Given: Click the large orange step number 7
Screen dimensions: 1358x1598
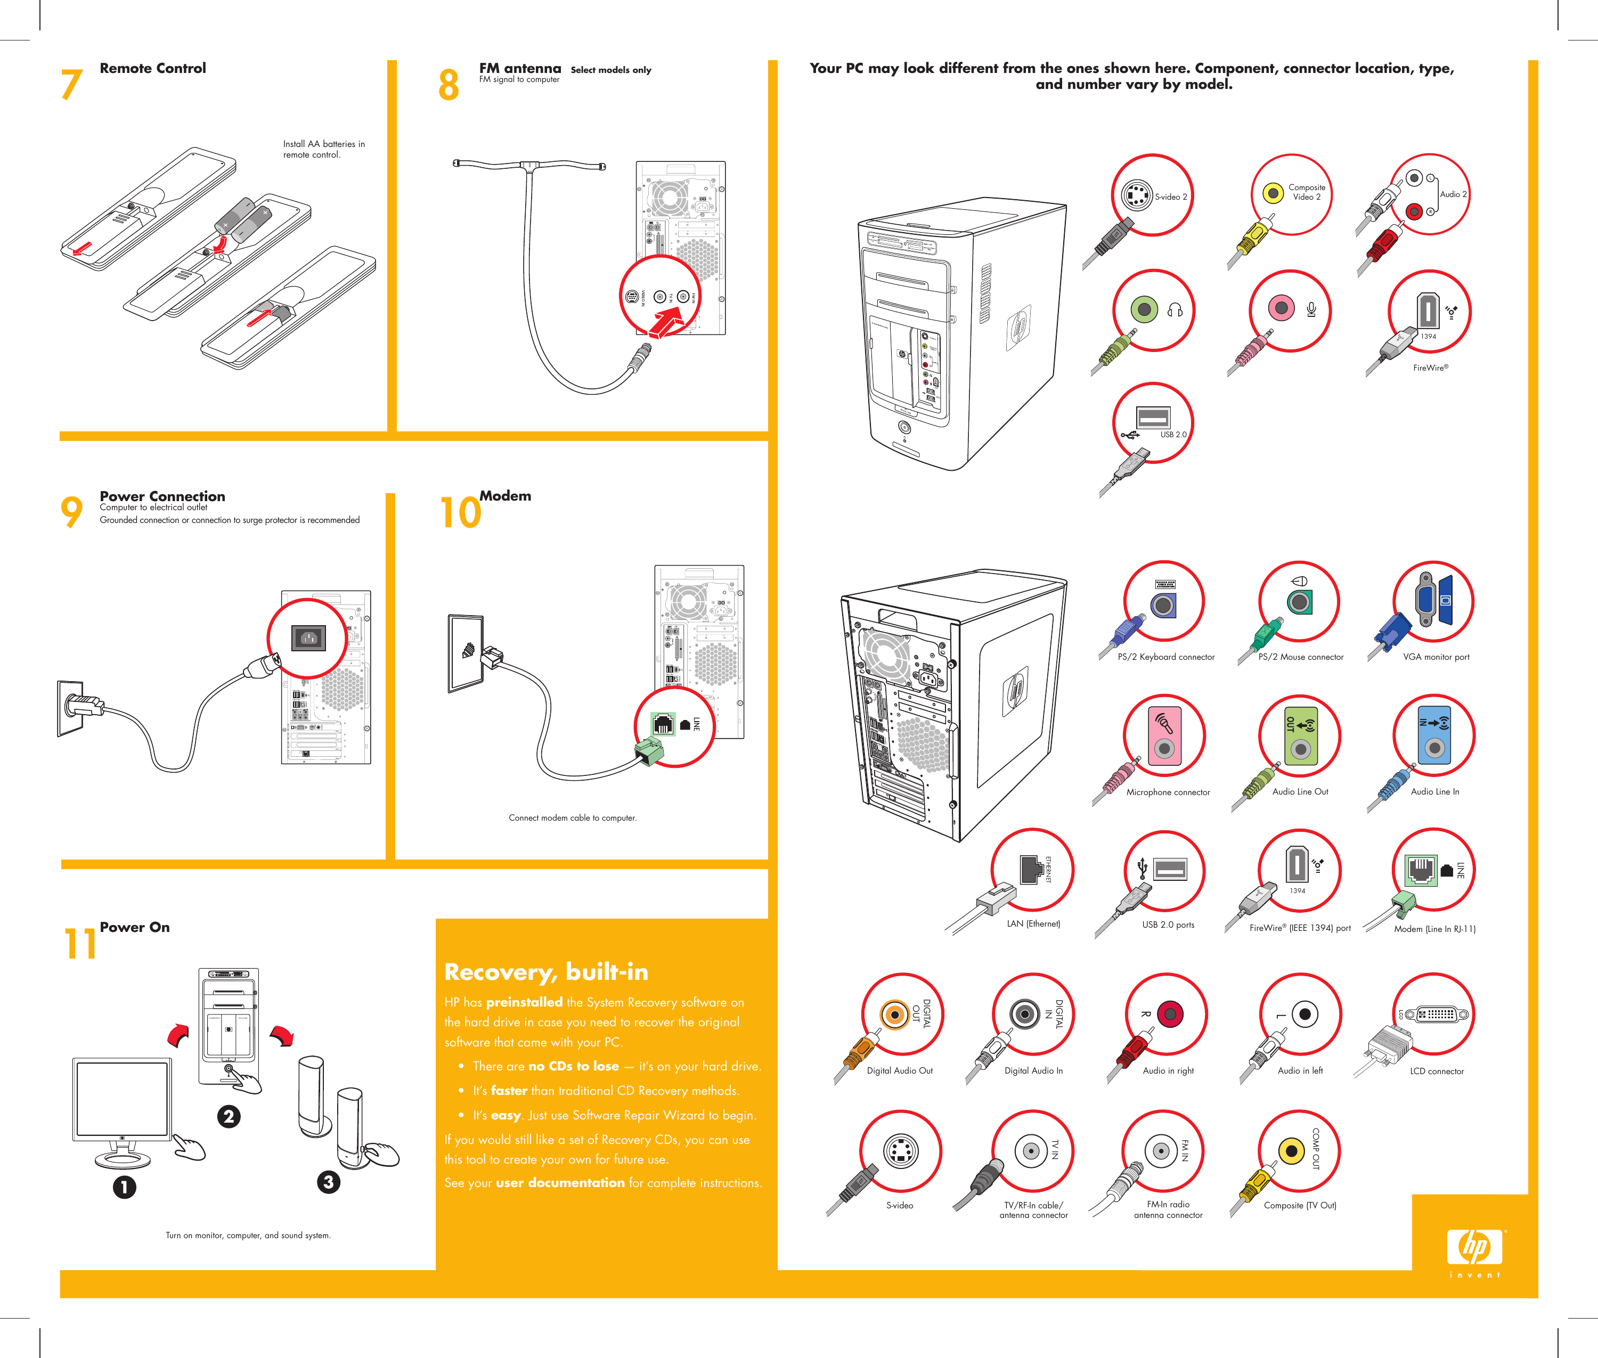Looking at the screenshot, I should click(x=71, y=85).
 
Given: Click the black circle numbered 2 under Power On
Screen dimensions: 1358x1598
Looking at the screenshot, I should click(x=228, y=1116).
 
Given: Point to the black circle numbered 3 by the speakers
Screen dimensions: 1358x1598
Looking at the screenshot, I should click(x=328, y=1182).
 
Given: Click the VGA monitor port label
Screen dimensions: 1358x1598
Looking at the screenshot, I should click(x=1436, y=657).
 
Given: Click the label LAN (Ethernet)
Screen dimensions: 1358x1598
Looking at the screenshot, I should click(x=1033, y=924).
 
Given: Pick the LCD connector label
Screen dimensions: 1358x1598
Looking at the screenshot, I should click(x=1436, y=1071).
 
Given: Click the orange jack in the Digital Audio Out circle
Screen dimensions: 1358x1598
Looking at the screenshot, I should click(x=894, y=1015).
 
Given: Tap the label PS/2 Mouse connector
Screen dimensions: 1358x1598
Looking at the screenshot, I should click(x=1301, y=657).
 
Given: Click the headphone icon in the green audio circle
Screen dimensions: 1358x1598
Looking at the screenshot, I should click(x=1175, y=310).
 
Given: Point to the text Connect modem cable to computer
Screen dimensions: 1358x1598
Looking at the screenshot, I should click(x=572, y=817).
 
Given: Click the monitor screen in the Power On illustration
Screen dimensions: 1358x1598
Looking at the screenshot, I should click(x=121, y=1098).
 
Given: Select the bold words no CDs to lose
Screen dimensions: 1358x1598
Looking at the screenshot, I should click(x=573, y=1066).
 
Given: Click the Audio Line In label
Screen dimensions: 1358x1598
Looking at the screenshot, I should click(x=1434, y=791).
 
